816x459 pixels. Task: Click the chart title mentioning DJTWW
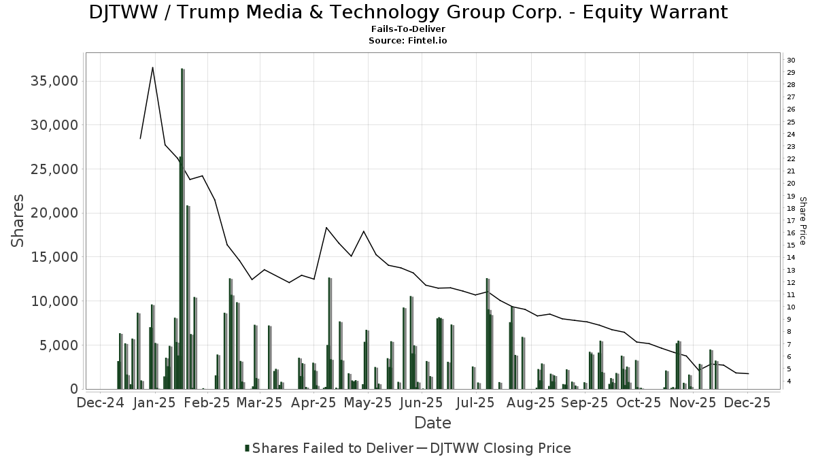[408, 12]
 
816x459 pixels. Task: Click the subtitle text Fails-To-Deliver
[408, 30]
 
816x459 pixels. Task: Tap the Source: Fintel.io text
[408, 41]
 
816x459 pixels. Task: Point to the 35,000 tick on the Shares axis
[51, 81]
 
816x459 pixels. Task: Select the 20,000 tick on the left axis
[51, 213]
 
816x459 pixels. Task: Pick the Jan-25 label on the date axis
[154, 403]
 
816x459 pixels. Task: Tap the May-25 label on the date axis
[367, 403]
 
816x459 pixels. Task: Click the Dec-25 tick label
[747, 403]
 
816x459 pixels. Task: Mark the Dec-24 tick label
[100, 403]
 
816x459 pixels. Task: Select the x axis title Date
[432, 423]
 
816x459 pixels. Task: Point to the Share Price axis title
[802, 221]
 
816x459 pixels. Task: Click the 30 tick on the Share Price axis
[792, 61]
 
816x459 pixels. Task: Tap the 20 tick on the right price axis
[792, 184]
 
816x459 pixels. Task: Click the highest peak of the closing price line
[152, 67]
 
